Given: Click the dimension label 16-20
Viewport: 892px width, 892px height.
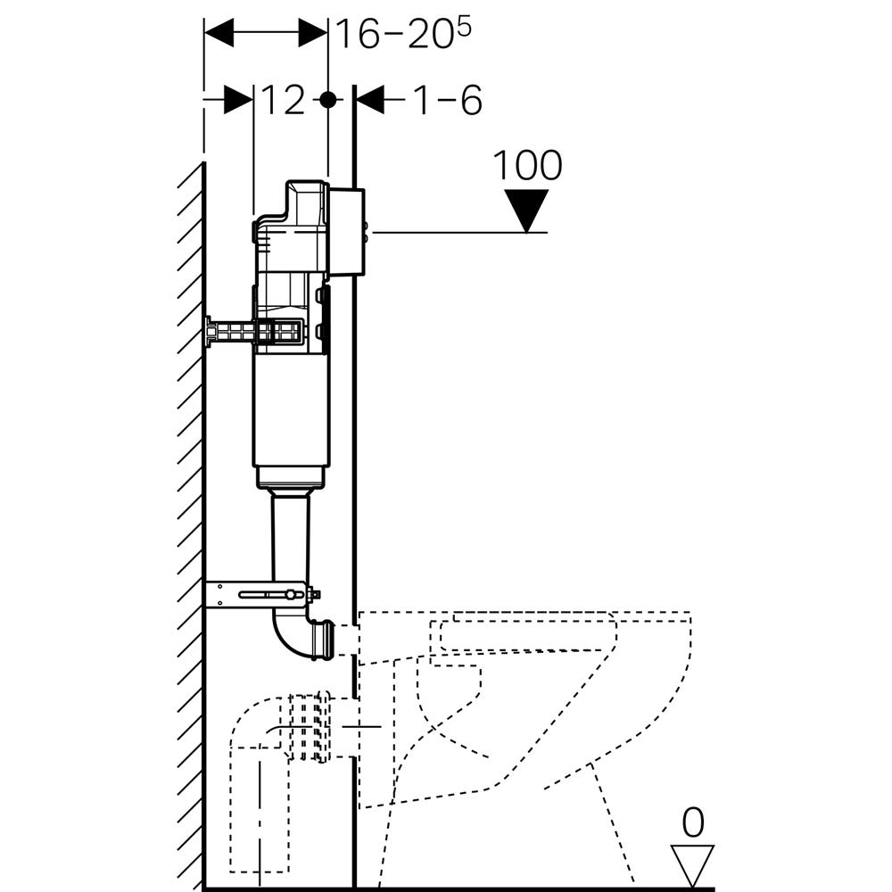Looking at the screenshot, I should click(x=393, y=34).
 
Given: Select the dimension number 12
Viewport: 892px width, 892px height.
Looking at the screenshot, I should click(x=284, y=101).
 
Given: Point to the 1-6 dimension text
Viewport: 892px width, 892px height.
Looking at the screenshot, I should click(x=447, y=101).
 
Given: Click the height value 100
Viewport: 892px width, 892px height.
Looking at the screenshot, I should click(x=527, y=165).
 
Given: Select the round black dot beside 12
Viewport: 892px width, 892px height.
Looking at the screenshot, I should click(x=328, y=100).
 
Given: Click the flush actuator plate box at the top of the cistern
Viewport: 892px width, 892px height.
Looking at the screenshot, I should click(x=346, y=232).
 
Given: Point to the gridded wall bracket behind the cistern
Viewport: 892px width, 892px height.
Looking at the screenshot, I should click(x=254, y=333).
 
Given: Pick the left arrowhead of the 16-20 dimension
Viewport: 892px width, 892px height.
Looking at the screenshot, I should click(x=219, y=34).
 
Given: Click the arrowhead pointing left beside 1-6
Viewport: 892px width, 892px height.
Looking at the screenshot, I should click(x=369, y=100).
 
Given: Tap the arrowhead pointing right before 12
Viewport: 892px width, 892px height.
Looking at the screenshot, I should click(x=239, y=100).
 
